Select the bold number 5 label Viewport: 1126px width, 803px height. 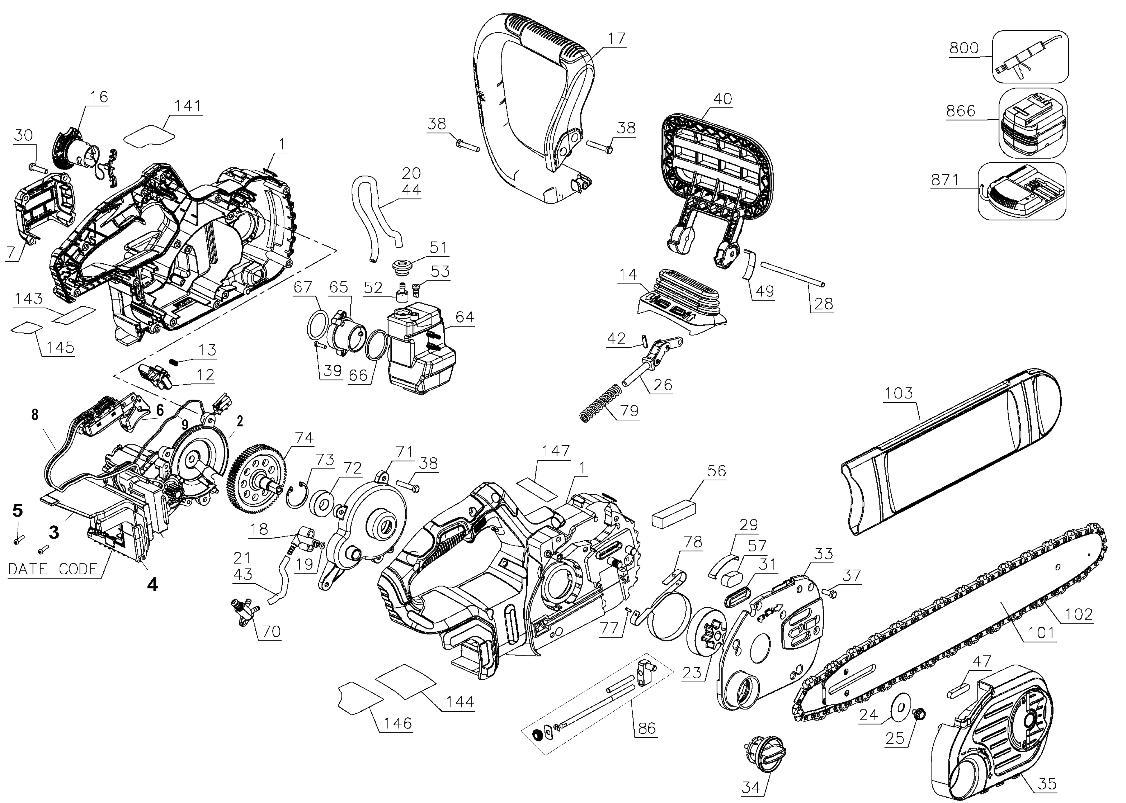point(17,510)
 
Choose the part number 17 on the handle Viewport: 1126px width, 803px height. point(617,38)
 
